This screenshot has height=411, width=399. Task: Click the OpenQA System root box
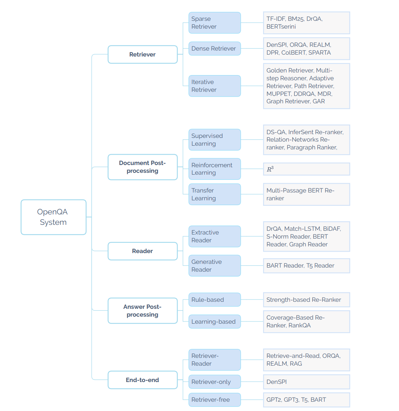point(53,217)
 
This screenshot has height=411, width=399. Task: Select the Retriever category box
point(143,54)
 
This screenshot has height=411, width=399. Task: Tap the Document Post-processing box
point(143,167)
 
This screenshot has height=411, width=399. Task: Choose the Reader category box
point(143,251)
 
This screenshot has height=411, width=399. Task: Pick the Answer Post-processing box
point(143,310)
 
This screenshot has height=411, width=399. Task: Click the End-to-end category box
point(143,380)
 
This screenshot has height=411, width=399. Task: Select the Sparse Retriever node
point(214,23)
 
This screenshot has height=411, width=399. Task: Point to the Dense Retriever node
point(214,48)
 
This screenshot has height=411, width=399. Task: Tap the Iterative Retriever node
point(214,86)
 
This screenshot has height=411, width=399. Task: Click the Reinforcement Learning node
point(214,169)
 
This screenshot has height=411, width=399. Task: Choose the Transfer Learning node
point(214,194)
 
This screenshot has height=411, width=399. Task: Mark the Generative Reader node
point(214,265)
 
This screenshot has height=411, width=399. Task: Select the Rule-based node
point(214,300)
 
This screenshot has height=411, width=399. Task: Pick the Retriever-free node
point(214,400)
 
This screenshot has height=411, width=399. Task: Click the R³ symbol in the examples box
point(270,169)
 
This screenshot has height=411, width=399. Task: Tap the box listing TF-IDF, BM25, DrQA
point(306,23)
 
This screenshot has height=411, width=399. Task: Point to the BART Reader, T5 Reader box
point(306,265)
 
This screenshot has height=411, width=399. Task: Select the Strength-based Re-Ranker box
point(306,300)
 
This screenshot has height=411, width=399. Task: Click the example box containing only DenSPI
point(306,382)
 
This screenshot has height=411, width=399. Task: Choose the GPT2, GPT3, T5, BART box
point(306,400)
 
